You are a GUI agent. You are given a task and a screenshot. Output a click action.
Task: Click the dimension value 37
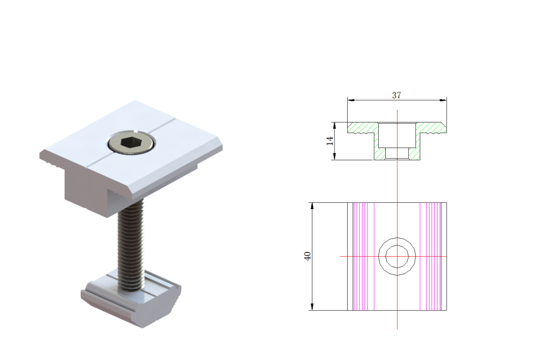(396, 95)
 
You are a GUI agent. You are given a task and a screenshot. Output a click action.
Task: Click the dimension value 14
(330, 141)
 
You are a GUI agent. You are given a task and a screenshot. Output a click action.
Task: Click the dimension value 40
(307, 256)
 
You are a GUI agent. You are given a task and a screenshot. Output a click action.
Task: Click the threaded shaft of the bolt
(131, 244)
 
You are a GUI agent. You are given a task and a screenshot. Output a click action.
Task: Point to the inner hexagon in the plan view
(397, 256)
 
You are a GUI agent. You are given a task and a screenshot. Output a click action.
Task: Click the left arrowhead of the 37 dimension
(351, 100)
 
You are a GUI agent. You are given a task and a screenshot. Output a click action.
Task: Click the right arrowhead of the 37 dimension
(443, 100)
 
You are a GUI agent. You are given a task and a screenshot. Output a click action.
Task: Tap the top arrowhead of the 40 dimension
(312, 206)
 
